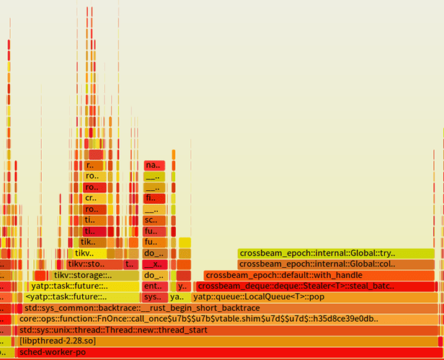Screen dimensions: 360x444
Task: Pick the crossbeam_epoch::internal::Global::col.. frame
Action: (336, 264)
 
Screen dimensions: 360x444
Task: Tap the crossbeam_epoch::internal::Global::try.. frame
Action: (336, 253)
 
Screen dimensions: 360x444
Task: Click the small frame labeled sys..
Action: (153, 297)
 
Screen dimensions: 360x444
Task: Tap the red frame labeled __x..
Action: (153, 264)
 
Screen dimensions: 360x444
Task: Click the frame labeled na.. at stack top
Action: (154, 166)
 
